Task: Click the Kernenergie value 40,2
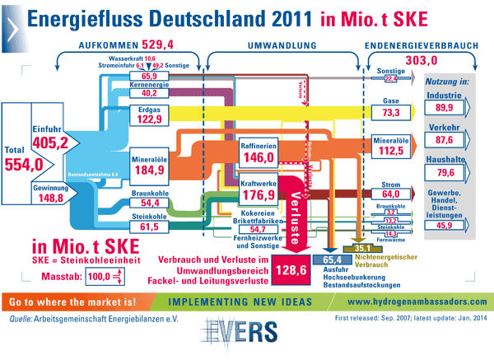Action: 148,93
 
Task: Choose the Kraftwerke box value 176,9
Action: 258,194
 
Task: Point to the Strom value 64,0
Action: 390,194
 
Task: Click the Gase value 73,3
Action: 390,112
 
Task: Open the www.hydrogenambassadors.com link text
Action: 417,301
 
